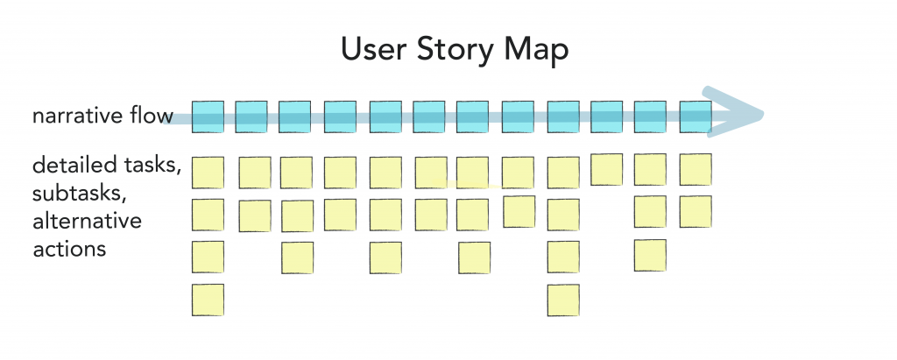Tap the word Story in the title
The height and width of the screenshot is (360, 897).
pos(455,51)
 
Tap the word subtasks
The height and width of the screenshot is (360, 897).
pos(78,193)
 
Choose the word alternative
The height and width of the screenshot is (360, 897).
pos(87,221)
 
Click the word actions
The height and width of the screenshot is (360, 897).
pos(69,250)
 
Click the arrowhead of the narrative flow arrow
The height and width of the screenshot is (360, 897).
pos(736,113)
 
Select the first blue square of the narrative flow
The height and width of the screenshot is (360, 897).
pos(208,116)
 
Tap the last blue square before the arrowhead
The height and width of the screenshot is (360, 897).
pos(696,116)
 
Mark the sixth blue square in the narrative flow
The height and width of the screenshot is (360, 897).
pos(429,116)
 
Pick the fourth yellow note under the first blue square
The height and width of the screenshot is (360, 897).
pos(208,300)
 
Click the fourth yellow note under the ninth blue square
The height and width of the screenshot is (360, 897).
pos(563,300)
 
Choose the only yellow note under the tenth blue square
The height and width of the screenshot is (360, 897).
pos(606,169)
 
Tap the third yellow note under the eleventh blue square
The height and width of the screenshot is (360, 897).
pos(650,255)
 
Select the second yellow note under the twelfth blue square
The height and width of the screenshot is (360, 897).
pos(696,212)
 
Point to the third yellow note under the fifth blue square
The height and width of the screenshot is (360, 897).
pos(385,258)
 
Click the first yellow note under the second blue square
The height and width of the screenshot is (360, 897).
pos(255,173)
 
